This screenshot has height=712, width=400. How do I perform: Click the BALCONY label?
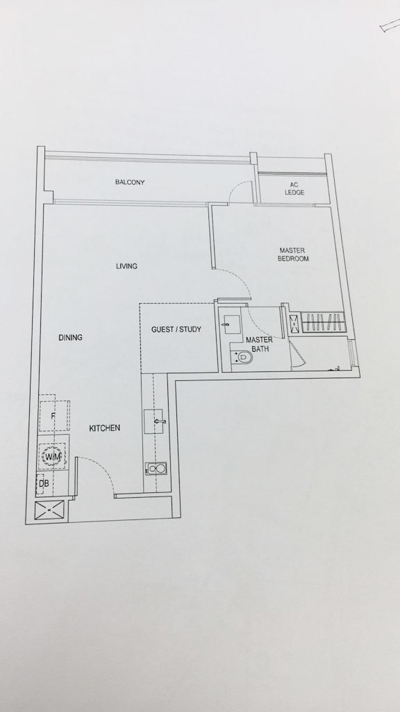click(130, 183)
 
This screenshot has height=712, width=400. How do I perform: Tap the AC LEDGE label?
click(294, 188)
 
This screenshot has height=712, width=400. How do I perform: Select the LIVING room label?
click(126, 266)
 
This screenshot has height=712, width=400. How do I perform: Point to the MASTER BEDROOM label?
click(293, 254)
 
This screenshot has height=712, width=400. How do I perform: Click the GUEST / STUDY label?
click(176, 329)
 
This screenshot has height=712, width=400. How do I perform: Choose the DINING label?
click(70, 337)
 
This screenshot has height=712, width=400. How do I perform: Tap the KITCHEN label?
click(104, 428)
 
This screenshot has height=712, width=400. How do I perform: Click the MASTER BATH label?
click(259, 344)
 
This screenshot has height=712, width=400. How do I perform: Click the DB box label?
click(44, 484)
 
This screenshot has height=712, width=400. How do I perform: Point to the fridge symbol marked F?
click(54, 416)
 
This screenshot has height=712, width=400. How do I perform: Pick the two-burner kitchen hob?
click(156, 468)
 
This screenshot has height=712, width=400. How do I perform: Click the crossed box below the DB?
click(50, 511)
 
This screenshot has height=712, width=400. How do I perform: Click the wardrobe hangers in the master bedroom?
click(322, 322)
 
